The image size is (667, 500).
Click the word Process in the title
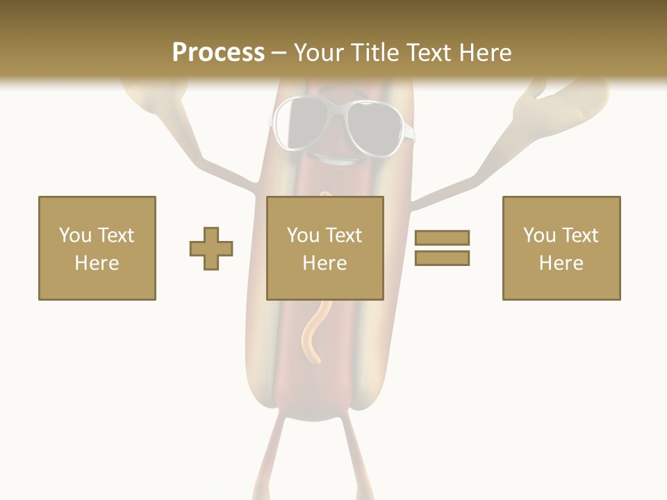click(x=218, y=53)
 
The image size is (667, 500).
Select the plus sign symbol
click(x=211, y=249)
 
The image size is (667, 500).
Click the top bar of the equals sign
click(x=442, y=238)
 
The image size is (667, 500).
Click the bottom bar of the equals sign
click(x=442, y=258)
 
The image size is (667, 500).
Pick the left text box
click(x=97, y=248)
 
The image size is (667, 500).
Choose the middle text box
click(x=325, y=248)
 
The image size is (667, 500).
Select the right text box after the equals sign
click(x=561, y=248)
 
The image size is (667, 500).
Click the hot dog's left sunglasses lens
click(x=301, y=124)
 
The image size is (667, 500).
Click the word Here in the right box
click(x=561, y=263)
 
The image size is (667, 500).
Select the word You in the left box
click(x=74, y=235)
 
